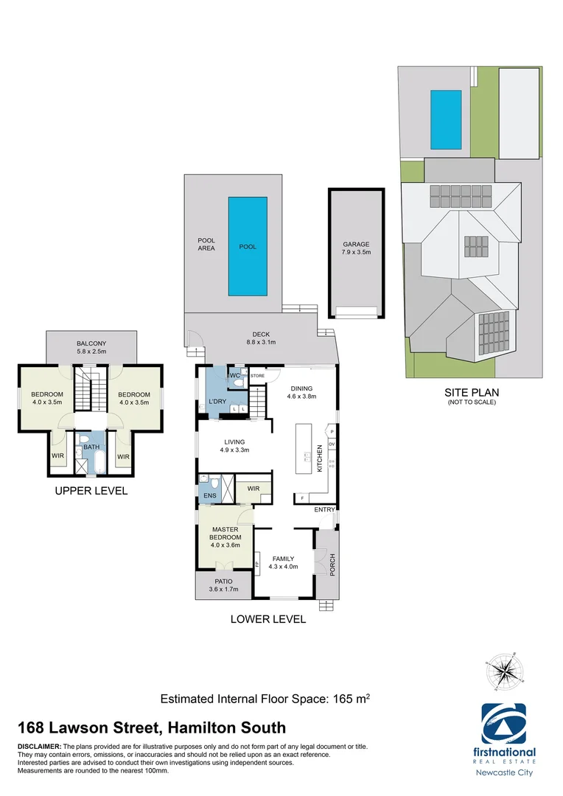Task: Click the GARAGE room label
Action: tap(356, 248)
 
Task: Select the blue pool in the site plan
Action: tap(445, 119)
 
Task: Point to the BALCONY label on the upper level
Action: tap(91, 347)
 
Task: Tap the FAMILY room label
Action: tap(284, 562)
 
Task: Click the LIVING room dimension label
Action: tap(235, 446)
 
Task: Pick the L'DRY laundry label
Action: tap(217, 400)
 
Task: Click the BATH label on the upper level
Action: tap(91, 447)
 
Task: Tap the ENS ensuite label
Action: tap(209, 495)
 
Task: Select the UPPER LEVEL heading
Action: tap(91, 490)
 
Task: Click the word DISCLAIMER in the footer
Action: tap(39, 747)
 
